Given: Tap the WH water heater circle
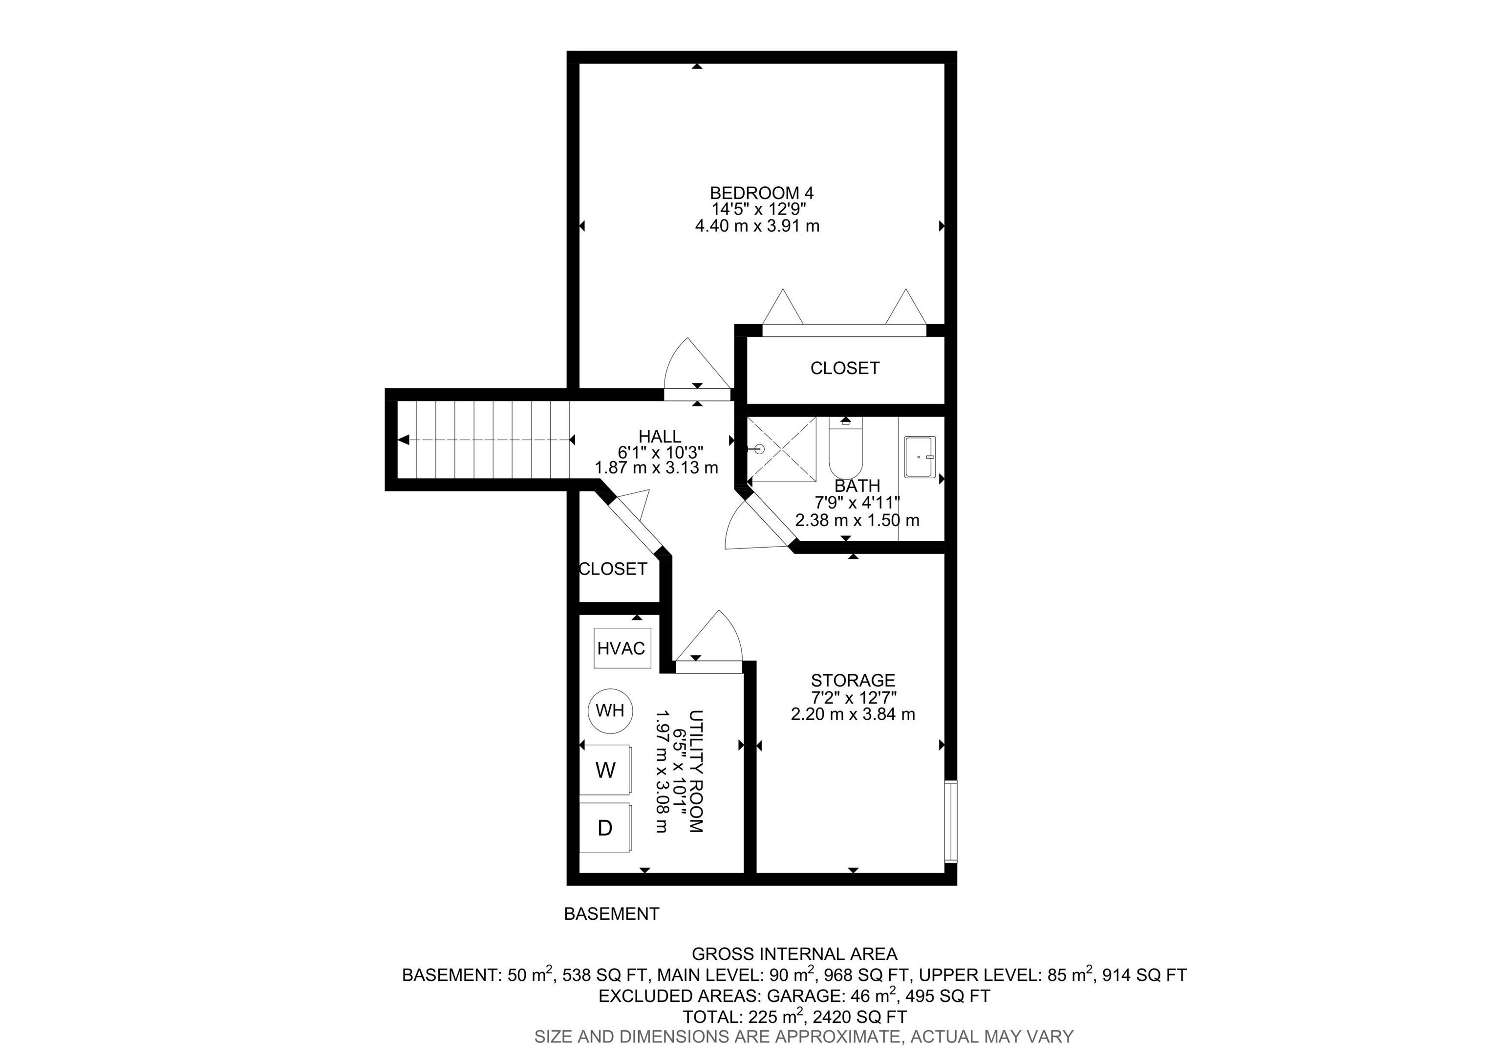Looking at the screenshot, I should point(610,710).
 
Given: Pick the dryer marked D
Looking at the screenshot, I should point(605,828).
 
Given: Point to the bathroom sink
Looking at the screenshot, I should point(920,457).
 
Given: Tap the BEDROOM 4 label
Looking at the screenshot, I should point(762,193).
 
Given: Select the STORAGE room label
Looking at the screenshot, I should point(853,680).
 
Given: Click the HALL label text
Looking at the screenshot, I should point(660,436).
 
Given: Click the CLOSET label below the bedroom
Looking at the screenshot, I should point(845,368).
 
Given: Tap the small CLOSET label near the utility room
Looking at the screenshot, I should point(613,569).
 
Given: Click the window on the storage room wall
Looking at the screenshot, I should point(950,821).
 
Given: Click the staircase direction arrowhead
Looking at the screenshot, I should point(404,440).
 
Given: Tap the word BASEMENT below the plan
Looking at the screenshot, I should point(611,914).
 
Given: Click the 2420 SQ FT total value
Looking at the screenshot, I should point(859,1017).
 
